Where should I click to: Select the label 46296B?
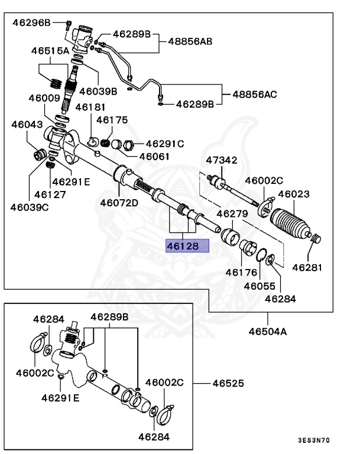[32, 22]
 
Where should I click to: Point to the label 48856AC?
[255, 94]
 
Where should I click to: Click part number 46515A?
[51, 51]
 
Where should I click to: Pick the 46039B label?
[98, 91]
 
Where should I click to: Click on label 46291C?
[165, 143]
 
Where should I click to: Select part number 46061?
[154, 157]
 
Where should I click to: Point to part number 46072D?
[118, 203]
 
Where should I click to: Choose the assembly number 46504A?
[267, 331]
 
